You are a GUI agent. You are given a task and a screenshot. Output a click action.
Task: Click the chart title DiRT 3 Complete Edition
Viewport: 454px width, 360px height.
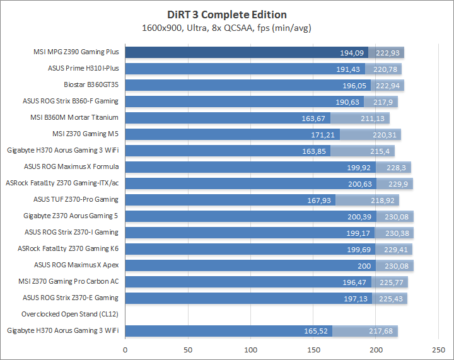click(x=226, y=15)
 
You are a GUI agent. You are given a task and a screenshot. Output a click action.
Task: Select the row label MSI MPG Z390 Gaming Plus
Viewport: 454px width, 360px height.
click(x=76, y=52)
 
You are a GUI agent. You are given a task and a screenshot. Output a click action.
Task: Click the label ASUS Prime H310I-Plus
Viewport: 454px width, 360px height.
click(x=83, y=69)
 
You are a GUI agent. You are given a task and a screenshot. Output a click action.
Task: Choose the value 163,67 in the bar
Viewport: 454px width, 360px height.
click(x=313, y=118)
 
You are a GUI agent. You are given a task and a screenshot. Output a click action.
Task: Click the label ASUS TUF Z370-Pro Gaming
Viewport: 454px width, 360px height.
click(x=76, y=200)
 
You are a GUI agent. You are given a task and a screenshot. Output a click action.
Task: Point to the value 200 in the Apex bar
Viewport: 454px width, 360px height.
click(x=364, y=265)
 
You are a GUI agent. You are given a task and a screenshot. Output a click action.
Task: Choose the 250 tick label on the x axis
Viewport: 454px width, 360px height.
click(x=438, y=350)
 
